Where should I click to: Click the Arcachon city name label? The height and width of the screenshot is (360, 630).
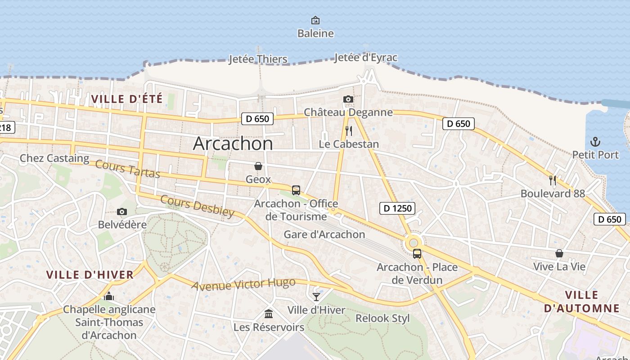(x=233, y=144)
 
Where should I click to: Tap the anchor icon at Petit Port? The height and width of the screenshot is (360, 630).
(x=595, y=142)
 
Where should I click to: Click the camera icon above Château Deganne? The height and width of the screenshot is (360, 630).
(x=348, y=99)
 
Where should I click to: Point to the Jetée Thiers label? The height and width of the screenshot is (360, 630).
(x=258, y=59)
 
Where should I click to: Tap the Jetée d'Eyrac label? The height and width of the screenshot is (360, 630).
(x=365, y=58)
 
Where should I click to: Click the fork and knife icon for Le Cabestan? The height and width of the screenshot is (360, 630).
(x=348, y=131)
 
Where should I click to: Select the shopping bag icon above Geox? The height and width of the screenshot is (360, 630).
(x=258, y=166)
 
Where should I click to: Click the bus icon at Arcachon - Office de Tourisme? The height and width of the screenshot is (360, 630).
(x=296, y=190)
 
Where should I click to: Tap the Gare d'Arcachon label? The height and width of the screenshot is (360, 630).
(x=324, y=234)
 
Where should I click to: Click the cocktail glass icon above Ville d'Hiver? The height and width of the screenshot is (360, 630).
(x=316, y=297)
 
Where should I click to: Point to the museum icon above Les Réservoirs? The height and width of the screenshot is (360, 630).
(x=269, y=314)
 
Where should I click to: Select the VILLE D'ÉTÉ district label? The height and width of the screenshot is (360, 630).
(x=126, y=99)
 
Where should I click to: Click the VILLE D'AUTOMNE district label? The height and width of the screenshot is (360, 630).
(x=581, y=302)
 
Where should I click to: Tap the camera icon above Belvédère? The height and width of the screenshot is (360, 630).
(x=121, y=211)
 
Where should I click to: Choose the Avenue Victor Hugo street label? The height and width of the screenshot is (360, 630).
(x=243, y=284)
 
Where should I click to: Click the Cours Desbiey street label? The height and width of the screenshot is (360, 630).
(x=197, y=206)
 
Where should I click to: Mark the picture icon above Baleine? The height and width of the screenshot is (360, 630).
(x=315, y=20)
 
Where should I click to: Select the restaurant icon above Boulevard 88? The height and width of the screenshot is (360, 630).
(x=553, y=180)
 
